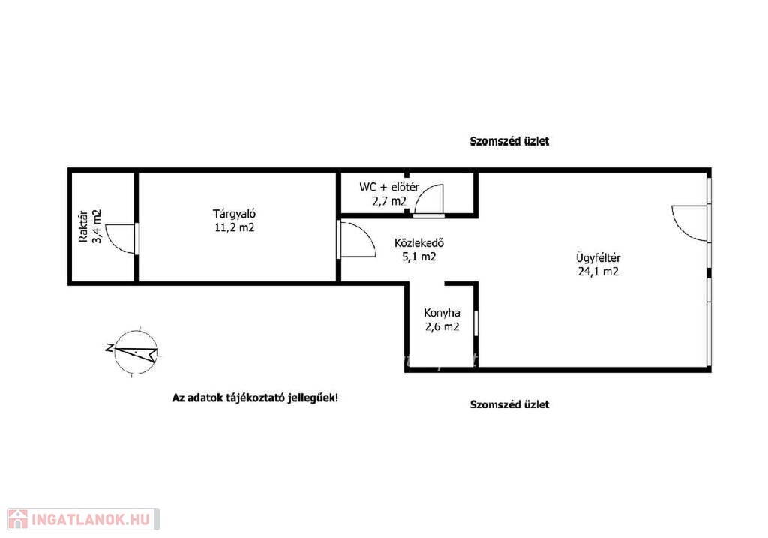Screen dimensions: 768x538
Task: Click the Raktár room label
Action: coord(83,227)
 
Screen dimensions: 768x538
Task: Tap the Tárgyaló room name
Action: coord(234,214)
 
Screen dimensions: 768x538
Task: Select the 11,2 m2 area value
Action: coord(235,227)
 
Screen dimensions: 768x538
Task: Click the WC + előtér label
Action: coord(389,187)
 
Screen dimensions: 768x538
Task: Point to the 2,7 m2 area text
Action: coord(389,200)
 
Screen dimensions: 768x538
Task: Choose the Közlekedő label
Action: coord(419,242)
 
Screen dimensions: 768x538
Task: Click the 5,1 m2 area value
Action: coord(419,257)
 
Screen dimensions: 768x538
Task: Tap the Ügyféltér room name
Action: coord(598,257)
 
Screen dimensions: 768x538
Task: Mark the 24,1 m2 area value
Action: coord(598,272)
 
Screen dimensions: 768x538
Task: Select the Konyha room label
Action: coord(442,313)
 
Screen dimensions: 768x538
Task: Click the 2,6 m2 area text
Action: coord(442,326)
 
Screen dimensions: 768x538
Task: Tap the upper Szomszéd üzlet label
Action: coord(509,141)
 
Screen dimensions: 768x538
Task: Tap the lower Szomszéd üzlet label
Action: coord(509,404)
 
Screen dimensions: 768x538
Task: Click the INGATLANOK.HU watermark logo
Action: coord(83,519)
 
